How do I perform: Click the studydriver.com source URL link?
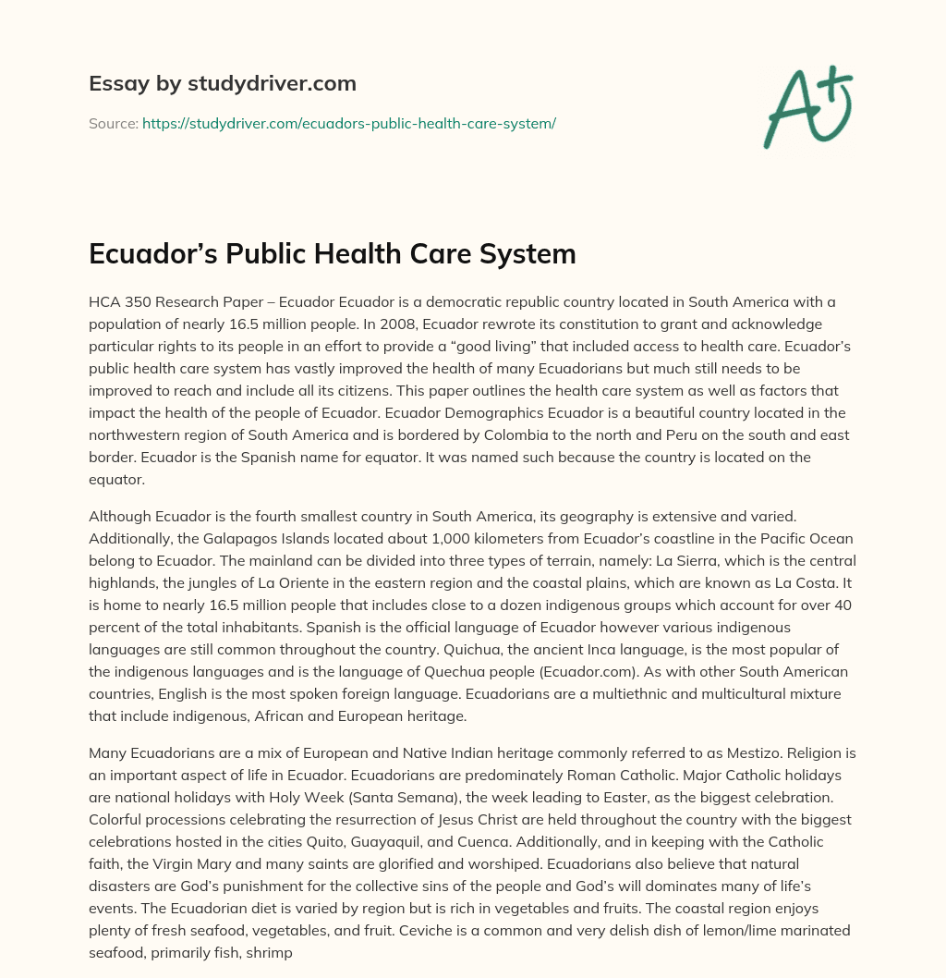click(348, 122)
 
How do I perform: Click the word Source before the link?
click(112, 122)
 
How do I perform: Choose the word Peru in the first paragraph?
click(696, 434)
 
